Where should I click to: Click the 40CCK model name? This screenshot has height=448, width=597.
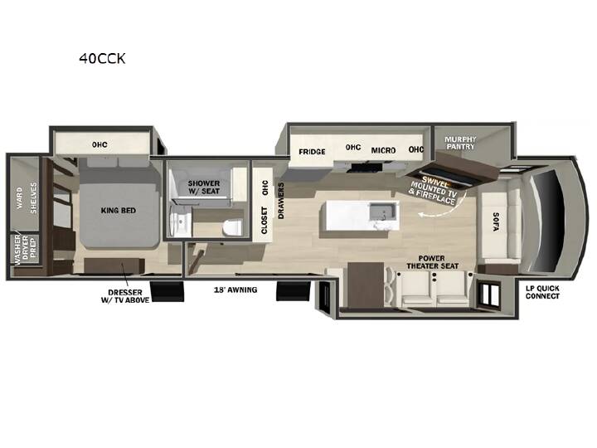[x=102, y=58]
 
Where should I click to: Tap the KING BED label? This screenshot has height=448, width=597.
[x=119, y=210]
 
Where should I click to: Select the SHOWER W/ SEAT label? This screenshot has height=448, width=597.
[x=204, y=187]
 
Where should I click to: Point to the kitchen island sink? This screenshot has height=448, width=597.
[x=383, y=212]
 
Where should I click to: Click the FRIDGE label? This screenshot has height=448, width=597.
[x=312, y=152]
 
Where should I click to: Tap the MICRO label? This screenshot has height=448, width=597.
[x=383, y=150]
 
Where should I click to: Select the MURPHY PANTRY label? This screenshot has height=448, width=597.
[x=460, y=143]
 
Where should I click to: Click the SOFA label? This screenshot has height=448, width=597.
[x=495, y=222]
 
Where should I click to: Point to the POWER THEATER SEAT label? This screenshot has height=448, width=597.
[x=432, y=262]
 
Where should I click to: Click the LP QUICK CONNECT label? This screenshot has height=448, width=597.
[x=542, y=292]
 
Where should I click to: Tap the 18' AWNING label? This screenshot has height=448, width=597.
[x=235, y=290]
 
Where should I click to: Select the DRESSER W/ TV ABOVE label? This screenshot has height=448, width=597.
[x=125, y=296]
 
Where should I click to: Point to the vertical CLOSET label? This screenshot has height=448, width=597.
[x=265, y=221]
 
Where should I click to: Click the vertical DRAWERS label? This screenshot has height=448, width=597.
[x=281, y=201]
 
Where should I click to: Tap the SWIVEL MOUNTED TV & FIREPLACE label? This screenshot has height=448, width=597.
[x=434, y=189]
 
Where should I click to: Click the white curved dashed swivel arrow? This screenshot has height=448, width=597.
[x=449, y=209]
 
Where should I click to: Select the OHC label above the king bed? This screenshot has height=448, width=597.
[x=99, y=144]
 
